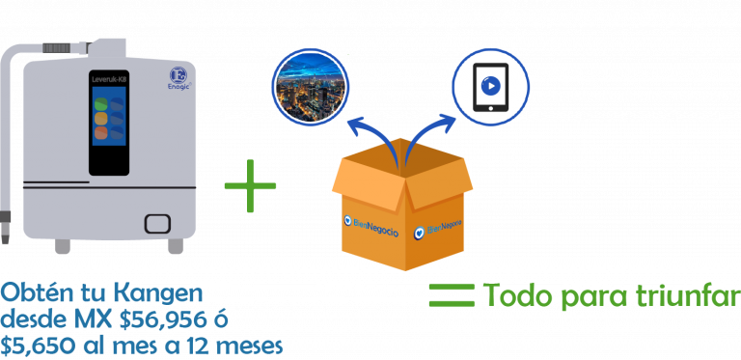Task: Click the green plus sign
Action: click(x=250, y=185)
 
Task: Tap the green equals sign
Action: click(x=452, y=295)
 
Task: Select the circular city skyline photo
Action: click(x=310, y=87)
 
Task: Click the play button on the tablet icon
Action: click(x=490, y=87)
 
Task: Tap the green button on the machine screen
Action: click(x=101, y=103)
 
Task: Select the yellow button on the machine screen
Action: click(x=101, y=118)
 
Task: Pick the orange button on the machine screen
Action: click(x=101, y=133)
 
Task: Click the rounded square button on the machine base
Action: click(x=157, y=224)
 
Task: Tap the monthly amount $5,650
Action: click(x=37, y=346)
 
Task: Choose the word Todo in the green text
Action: click(x=519, y=295)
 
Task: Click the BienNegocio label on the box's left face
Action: click(x=371, y=225)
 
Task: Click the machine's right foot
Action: click(x=176, y=246)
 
